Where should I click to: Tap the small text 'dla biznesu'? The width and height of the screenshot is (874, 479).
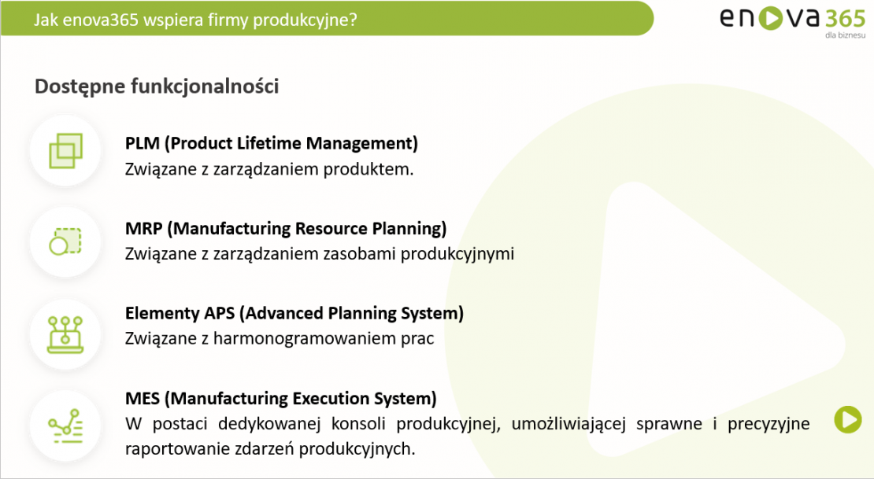(x=845, y=35)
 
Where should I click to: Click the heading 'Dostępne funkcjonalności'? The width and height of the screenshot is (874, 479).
(x=157, y=87)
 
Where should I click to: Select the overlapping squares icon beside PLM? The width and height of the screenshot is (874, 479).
(x=66, y=150)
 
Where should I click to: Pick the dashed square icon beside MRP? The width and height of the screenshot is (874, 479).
(x=65, y=241)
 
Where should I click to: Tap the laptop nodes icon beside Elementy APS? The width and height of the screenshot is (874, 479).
(x=65, y=334)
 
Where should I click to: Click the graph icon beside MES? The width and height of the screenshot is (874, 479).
(x=65, y=426)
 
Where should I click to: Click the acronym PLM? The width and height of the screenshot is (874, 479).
(x=143, y=143)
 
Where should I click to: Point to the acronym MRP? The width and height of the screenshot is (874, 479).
(x=144, y=228)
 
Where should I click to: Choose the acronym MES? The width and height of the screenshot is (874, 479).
(x=143, y=398)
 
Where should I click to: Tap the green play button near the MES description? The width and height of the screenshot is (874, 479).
(x=848, y=419)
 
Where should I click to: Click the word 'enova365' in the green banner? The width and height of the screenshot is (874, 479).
(x=100, y=20)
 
